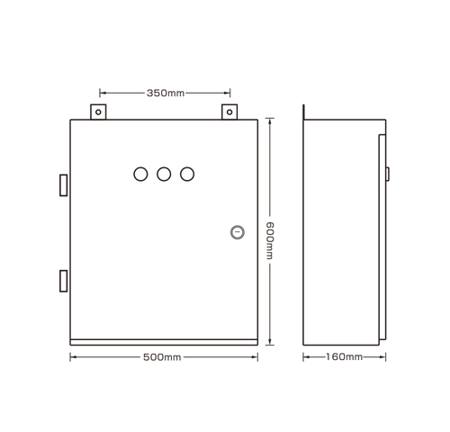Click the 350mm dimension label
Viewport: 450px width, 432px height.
166,94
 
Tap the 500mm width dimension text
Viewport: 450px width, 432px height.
162,357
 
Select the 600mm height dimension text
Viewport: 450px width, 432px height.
269,240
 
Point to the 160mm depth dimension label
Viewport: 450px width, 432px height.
344,357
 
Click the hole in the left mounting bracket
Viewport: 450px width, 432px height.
98,112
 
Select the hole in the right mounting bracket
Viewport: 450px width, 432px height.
229,112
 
